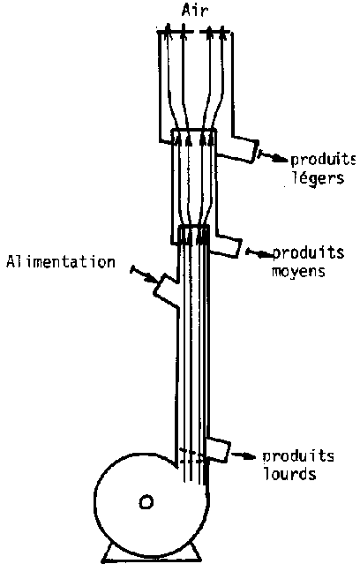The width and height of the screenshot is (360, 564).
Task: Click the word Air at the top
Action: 195,11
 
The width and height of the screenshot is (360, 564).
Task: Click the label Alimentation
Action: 61,261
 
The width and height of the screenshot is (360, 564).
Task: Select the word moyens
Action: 298,270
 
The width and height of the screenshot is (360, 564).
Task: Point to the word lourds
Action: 290,473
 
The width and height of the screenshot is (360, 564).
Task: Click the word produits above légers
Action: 323,161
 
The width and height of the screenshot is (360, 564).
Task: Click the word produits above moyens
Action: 308,252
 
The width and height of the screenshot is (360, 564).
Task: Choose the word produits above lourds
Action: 298,456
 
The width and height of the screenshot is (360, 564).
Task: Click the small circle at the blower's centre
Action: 146,502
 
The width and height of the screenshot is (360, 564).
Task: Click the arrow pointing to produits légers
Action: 274,157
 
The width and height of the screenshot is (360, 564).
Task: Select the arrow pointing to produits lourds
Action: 244,455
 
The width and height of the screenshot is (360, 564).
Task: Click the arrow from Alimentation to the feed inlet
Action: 143,274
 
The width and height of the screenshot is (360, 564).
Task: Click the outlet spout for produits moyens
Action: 226,245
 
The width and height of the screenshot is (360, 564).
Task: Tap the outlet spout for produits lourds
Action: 218,448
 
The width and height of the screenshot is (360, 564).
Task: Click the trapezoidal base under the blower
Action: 150,553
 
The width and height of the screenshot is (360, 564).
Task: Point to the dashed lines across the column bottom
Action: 192,455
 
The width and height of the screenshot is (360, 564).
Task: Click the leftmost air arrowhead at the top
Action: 167,29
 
